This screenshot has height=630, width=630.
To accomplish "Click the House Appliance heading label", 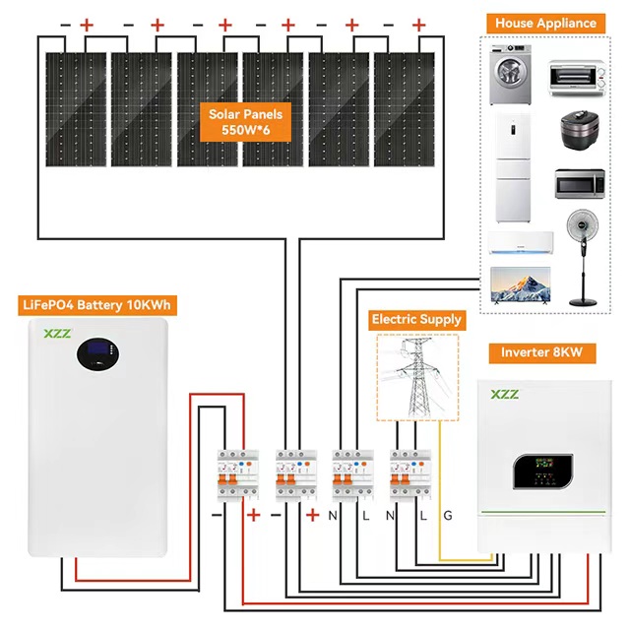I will point(545,23).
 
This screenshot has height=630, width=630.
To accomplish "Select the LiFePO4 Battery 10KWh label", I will point(95,305).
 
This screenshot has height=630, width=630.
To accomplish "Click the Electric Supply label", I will point(416,320).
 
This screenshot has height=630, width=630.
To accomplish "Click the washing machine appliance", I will point(512,75).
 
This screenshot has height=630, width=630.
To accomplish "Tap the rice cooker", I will point(580,133).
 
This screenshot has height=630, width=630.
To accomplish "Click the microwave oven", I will point(578,184).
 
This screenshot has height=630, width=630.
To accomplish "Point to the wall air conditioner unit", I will point(514,241).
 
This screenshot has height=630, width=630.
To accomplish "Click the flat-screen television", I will point(515,283).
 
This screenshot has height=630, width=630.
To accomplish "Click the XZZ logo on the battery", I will point(56,334).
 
